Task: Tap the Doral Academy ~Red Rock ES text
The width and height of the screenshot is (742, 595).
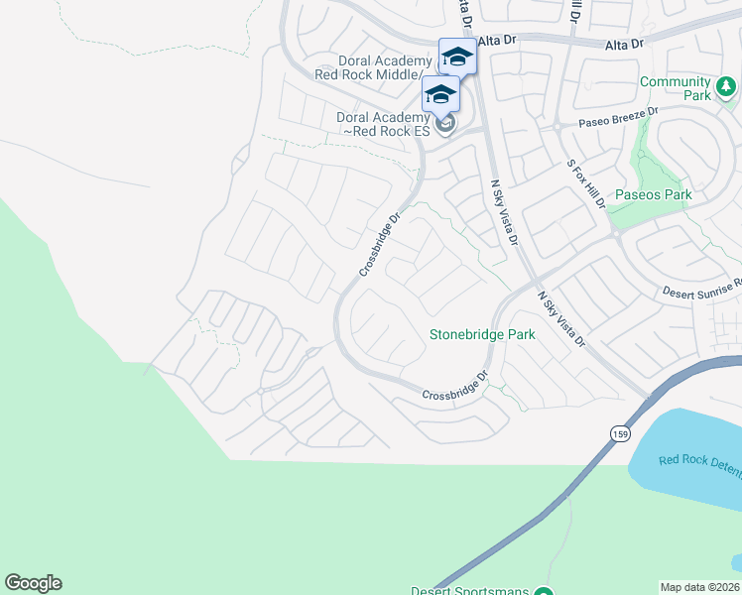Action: (x=382, y=124)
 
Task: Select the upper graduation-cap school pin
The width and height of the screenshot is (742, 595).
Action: (x=457, y=56)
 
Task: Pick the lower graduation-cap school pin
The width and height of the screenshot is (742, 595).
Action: (x=439, y=95)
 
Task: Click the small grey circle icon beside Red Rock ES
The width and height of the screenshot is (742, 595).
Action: (x=445, y=124)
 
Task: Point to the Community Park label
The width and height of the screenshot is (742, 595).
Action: (x=675, y=88)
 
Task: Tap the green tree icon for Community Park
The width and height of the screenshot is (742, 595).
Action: (x=726, y=87)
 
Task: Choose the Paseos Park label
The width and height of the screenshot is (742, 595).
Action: (x=653, y=194)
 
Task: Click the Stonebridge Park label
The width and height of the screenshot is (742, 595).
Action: (x=482, y=334)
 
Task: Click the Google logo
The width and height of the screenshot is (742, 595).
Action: (x=33, y=583)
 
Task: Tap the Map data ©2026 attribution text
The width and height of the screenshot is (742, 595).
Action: (x=700, y=587)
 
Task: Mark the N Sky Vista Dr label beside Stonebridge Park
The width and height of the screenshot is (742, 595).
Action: (x=561, y=319)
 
